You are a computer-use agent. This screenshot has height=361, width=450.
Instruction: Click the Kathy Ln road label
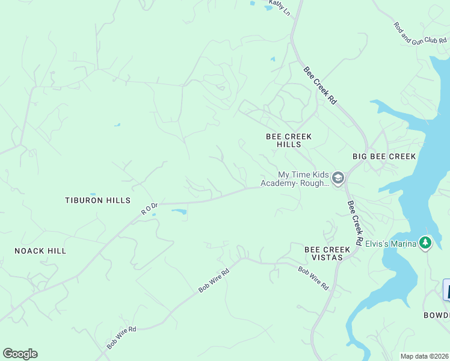(x=279, y=8)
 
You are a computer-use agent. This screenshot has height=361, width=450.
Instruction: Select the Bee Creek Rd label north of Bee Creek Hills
(x=319, y=85)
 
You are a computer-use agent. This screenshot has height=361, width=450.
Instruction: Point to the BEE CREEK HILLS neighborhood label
(x=289, y=141)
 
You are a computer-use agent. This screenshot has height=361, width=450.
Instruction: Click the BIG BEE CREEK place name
(x=384, y=156)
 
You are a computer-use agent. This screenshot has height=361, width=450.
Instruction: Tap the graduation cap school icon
(x=337, y=177)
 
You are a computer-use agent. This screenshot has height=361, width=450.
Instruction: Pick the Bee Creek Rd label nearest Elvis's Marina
(x=355, y=222)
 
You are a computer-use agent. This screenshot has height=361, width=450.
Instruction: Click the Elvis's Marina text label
(x=388, y=244)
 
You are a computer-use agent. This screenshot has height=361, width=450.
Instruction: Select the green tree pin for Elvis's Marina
(x=426, y=242)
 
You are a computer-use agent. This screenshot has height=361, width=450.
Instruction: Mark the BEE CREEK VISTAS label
(x=327, y=253)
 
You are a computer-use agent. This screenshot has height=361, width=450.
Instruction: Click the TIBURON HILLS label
(x=97, y=200)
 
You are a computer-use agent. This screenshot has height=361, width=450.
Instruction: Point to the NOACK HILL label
(x=40, y=251)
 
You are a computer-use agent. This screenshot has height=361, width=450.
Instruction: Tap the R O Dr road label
(x=149, y=208)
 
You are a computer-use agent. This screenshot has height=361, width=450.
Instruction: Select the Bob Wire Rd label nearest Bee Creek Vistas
(x=313, y=276)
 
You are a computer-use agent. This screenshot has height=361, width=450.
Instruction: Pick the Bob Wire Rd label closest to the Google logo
(x=122, y=338)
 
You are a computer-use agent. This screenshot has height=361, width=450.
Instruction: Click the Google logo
(x=20, y=354)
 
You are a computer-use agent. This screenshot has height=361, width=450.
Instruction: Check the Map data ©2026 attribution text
(x=425, y=356)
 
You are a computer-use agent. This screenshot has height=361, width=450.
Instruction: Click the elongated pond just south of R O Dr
(x=179, y=211)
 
